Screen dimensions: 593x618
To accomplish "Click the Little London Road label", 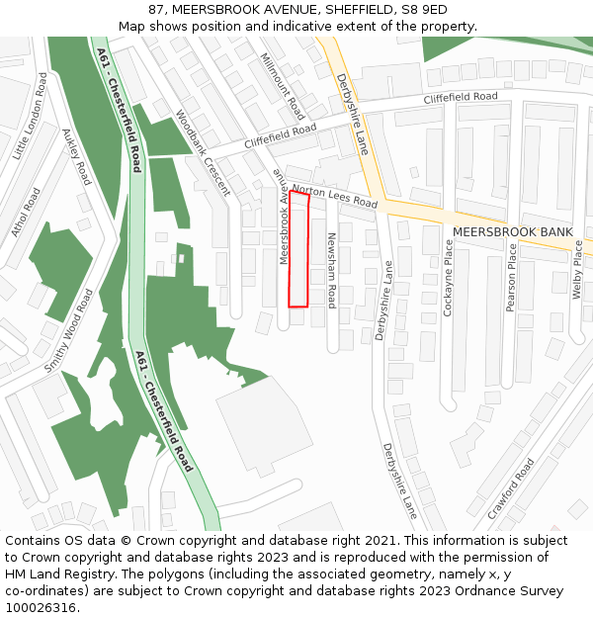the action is coord(31,115).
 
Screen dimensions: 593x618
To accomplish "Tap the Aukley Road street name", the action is coord(76,156).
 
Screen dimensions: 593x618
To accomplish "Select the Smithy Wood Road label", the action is coord(70,330).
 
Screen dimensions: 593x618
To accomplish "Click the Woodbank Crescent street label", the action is coord(203,152).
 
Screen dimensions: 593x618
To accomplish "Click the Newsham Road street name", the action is coord(332,270).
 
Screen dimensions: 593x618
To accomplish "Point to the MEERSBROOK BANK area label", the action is coord(513,232).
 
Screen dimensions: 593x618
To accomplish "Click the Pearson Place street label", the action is coord(512,278).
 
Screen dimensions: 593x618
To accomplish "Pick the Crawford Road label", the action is coord(511,488).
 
